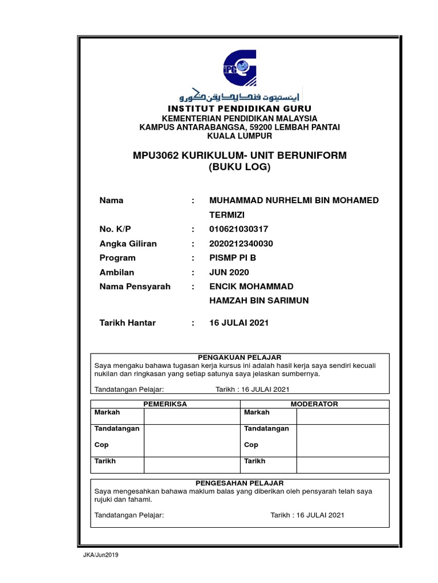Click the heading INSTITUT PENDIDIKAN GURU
(240, 109)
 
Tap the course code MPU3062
(155, 155)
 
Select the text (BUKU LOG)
(240, 167)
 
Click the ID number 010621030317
(238, 229)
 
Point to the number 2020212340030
(241, 243)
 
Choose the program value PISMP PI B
(233, 257)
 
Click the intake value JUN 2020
(229, 272)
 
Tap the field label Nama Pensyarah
(135, 286)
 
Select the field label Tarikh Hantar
(127, 323)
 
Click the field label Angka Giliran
(128, 243)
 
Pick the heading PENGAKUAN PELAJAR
(240, 357)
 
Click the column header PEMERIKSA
(164, 404)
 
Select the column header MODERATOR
(314, 404)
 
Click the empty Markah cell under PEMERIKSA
(191, 416)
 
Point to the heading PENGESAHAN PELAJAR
(240, 482)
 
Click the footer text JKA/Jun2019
(101, 555)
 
